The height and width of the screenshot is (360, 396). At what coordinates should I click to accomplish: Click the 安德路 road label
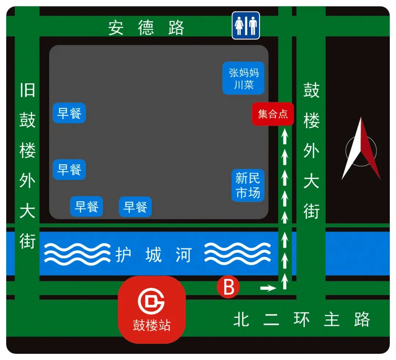[x=146, y=28]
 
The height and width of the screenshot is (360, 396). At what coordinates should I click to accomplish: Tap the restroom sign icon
[x=246, y=25]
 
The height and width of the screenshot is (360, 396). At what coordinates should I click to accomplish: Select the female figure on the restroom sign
[x=239, y=26]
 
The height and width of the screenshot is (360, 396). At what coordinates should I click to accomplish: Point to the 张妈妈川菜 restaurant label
[x=243, y=78]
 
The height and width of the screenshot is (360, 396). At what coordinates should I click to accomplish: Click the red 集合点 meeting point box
[x=273, y=114]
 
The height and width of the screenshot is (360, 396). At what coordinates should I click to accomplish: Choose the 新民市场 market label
[x=247, y=185]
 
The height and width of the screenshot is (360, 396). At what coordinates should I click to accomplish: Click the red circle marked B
[x=228, y=287]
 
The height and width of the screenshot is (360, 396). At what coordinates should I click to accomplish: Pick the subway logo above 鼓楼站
[x=151, y=301]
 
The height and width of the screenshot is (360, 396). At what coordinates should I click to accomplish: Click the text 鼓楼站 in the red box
[x=151, y=325]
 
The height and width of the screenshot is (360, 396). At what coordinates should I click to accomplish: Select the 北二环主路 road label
[x=301, y=320]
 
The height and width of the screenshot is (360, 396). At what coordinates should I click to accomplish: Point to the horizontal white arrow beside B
[x=268, y=289]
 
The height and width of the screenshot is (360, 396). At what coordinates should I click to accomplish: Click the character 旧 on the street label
[x=27, y=90]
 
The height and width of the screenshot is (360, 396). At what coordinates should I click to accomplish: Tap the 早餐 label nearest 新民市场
[x=135, y=207]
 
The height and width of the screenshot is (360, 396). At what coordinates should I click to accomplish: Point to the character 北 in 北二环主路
[x=241, y=320]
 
